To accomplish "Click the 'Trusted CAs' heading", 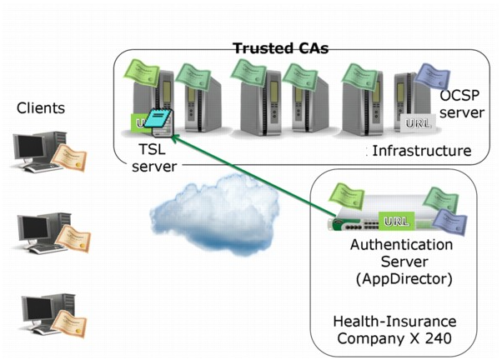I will pyautogui.click(x=280, y=47).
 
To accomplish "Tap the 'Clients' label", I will pyautogui.click(x=41, y=107).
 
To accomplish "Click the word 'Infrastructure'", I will pyautogui.click(x=421, y=151).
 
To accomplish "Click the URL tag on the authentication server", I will pyautogui.click(x=394, y=221).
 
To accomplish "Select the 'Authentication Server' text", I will pyautogui.click(x=401, y=252).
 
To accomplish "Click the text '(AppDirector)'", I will pyautogui.click(x=402, y=276).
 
